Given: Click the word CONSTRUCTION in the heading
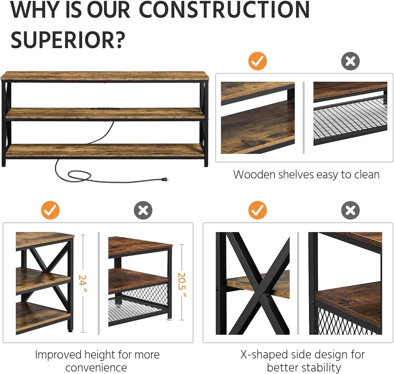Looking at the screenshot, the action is point(224,10).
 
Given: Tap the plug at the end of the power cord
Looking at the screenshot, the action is point(165,179).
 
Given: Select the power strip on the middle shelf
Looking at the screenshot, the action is point(105,108).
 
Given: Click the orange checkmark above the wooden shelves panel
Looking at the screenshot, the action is point(257,61).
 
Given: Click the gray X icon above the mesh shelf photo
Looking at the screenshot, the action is point(350,61).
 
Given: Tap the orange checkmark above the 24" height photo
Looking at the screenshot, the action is point(50,210).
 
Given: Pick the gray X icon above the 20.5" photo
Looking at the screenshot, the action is point(143,210).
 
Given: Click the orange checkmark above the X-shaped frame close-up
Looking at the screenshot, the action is point(257,210).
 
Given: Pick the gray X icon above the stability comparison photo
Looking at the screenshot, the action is point(350,210).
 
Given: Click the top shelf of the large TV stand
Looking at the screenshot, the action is point(105,76).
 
